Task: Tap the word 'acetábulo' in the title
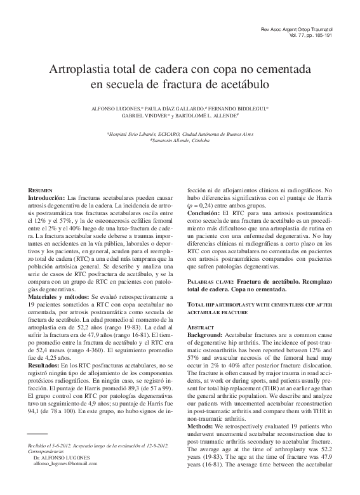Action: [243, 84]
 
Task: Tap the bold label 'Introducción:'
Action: [46, 198]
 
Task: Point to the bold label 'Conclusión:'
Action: [203, 214]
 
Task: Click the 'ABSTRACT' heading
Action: [198, 326]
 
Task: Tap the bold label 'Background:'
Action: [204, 334]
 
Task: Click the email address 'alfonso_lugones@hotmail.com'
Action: [65, 482]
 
